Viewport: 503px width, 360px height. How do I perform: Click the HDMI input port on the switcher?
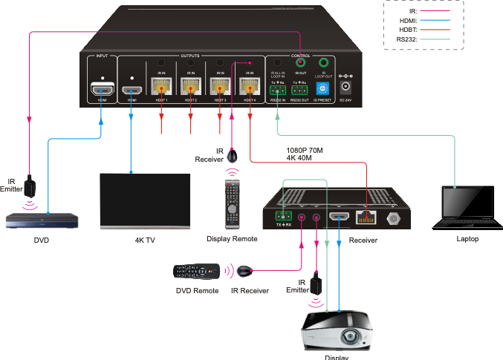click(101, 91)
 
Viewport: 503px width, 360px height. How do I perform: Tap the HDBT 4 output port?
click(249, 87)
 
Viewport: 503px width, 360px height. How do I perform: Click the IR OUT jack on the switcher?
click(300, 65)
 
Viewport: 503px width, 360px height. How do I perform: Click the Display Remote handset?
click(233, 204)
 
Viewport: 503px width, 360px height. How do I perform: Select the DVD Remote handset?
click(198, 271)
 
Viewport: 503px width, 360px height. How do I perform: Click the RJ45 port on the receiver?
click(365, 217)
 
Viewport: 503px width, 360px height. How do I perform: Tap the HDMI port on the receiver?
click(340, 217)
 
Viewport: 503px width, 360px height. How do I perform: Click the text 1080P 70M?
click(305, 148)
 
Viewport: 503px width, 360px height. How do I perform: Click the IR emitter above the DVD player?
click(29, 183)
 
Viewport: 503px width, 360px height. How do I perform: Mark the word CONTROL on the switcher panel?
click(300, 56)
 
